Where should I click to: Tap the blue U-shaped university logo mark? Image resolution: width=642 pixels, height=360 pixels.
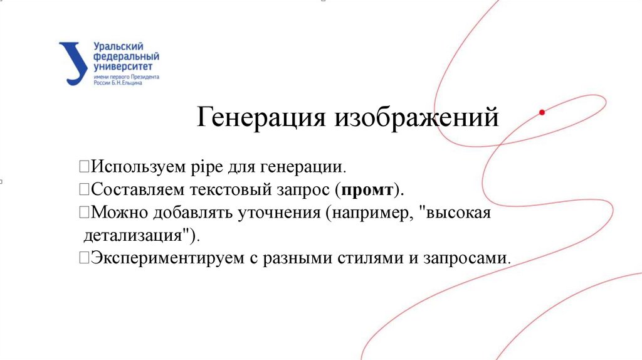click(74, 63)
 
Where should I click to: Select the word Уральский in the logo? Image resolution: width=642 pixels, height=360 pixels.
click(118, 46)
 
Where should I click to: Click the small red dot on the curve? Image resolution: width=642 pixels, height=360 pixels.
click(542, 112)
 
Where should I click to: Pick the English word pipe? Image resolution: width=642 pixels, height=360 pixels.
click(209, 167)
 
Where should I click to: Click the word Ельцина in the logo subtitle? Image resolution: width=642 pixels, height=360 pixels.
click(131, 82)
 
